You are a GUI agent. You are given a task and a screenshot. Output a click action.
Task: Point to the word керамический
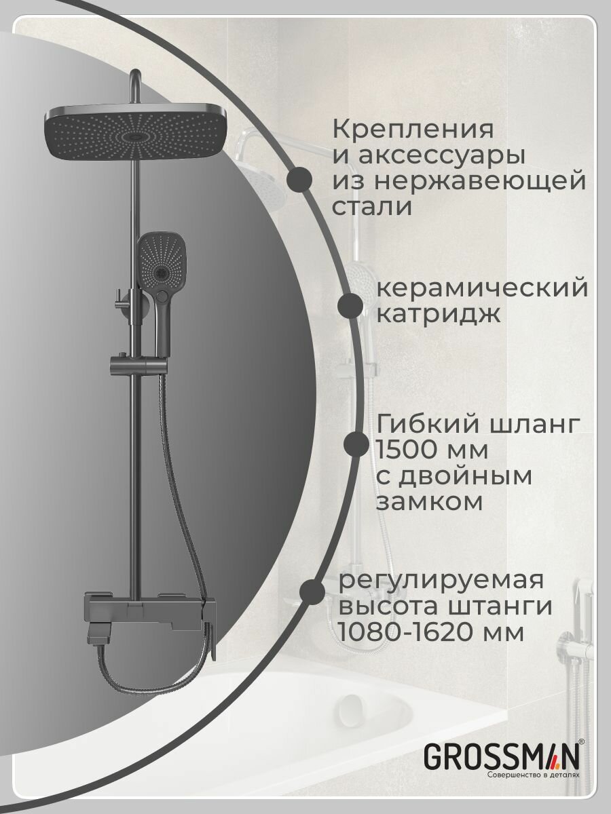point(481,288)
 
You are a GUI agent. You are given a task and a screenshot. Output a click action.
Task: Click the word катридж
point(439,314)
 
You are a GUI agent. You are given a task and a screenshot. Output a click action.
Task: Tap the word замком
point(429,503)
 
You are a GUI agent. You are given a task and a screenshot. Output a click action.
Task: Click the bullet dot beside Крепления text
point(299,180)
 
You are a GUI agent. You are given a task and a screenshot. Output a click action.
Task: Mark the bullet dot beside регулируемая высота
point(312,591)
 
